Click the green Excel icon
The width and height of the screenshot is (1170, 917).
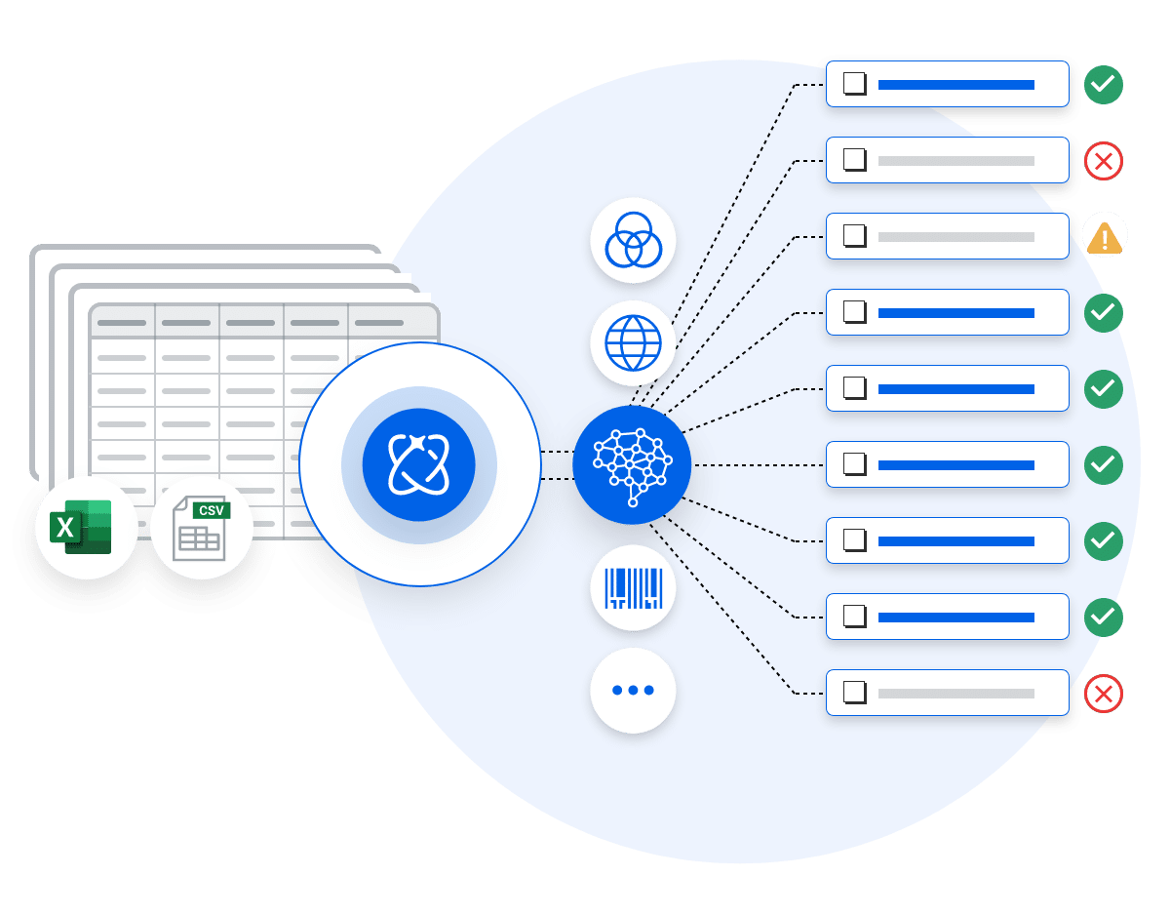81,526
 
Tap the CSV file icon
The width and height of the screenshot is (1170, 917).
201,528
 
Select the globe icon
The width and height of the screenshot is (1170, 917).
633,343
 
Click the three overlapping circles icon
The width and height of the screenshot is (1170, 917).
633,240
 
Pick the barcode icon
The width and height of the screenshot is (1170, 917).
633,588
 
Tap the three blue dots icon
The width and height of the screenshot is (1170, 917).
633,690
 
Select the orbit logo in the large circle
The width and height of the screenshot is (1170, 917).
418,464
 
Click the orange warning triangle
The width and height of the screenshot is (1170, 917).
1104,237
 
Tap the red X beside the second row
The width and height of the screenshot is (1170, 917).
1104,161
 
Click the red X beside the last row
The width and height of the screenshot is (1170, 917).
1104,694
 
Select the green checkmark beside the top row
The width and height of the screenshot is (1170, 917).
1104,85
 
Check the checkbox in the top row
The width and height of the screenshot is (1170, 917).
854,84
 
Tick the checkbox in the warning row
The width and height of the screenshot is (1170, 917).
854,236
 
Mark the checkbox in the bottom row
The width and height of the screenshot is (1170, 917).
854,693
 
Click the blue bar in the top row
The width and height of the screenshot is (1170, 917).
955,85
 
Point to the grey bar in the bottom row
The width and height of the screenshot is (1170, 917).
955,694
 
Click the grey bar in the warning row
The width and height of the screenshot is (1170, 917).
955,237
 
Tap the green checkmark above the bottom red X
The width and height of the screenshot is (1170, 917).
1104,618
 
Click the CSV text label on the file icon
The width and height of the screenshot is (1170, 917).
211,510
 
